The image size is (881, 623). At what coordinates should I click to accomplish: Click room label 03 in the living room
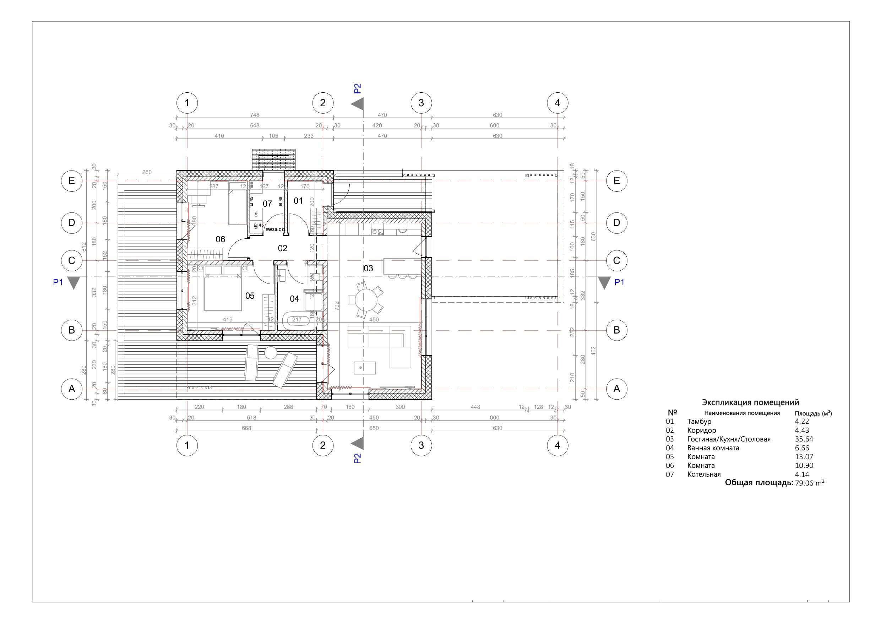point(368,268)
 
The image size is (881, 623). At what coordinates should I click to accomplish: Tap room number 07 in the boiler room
point(267,204)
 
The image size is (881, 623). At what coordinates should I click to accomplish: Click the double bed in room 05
point(223,294)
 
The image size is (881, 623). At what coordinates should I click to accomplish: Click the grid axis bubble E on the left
point(72,181)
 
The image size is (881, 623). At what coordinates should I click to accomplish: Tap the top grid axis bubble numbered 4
point(557,103)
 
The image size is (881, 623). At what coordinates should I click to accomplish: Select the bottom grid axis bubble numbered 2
point(322,445)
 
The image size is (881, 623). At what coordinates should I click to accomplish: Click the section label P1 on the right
point(619,282)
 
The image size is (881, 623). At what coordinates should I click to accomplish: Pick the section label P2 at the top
point(358,89)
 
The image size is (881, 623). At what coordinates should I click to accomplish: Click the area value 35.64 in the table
point(804,439)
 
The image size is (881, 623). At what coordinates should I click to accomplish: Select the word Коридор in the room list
point(701,430)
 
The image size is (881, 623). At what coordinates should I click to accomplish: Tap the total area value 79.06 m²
point(810,483)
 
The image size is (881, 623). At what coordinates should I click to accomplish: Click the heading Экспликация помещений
point(750,402)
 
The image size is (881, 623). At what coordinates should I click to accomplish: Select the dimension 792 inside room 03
point(337,306)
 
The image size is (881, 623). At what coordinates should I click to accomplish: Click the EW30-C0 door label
point(275,230)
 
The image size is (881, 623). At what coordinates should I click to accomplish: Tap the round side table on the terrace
point(271,352)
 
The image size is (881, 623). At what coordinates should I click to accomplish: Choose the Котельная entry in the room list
point(704,475)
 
